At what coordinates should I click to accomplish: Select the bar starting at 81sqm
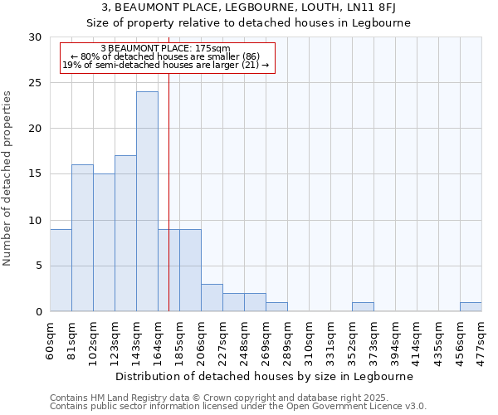(x=82, y=237)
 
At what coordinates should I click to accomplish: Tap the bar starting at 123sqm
(x=125, y=233)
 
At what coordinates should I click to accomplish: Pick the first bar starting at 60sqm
(x=61, y=270)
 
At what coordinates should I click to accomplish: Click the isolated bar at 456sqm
(x=471, y=307)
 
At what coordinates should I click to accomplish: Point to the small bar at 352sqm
(x=363, y=307)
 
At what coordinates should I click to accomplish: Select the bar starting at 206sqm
(x=212, y=297)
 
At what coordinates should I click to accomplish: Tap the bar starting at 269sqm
(x=276, y=307)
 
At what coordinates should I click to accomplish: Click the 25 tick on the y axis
(x=36, y=83)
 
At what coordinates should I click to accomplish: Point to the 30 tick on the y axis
(x=36, y=37)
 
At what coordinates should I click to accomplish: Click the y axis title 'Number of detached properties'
(x=8, y=178)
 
